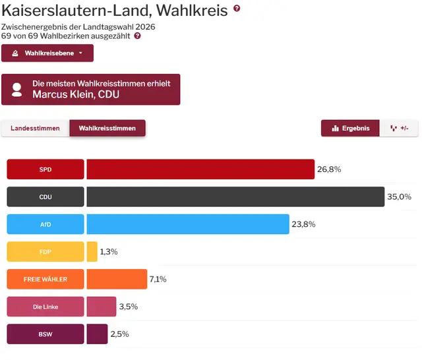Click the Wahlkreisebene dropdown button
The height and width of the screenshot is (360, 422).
pyautogui.click(x=47, y=53)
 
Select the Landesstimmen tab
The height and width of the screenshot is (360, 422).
pyautogui.click(x=36, y=129)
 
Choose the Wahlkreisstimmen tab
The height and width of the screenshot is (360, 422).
pyautogui.click(x=107, y=129)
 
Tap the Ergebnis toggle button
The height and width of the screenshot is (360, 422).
pyautogui.click(x=350, y=129)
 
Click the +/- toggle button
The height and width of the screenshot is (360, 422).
pyautogui.click(x=399, y=129)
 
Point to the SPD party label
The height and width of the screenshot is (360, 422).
pyautogui.click(x=45, y=169)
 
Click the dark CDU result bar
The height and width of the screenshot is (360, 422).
pyautogui.click(x=235, y=197)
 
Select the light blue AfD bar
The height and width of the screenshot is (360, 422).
pyautogui.click(x=187, y=224)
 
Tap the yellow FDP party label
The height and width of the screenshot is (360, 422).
pyautogui.click(x=45, y=252)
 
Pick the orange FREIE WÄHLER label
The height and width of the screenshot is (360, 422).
pyautogui.click(x=45, y=280)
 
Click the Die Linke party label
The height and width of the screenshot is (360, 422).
pyautogui.click(x=45, y=307)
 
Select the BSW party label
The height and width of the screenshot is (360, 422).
pyautogui.click(x=45, y=334)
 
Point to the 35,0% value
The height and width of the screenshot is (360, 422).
pyautogui.click(x=399, y=197)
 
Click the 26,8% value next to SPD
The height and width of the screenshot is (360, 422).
pyautogui.click(x=329, y=169)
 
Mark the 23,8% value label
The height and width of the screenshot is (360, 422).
pyautogui.click(x=303, y=224)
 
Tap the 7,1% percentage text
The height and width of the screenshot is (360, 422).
pyautogui.click(x=158, y=280)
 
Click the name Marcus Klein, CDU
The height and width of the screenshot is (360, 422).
pyautogui.click(x=76, y=95)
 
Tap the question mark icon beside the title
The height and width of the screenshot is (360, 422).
pyautogui.click(x=237, y=9)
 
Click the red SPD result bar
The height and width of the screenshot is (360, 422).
pyautogui.click(x=200, y=169)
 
